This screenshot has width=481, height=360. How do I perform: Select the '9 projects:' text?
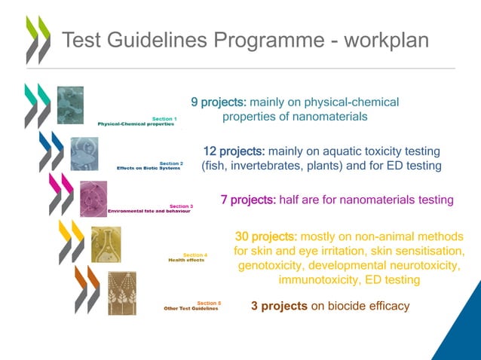pos(219,102)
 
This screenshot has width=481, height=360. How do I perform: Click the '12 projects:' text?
pos(234,151)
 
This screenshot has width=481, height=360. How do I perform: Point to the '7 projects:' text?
pos(248,200)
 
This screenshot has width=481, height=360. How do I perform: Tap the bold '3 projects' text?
pos(279,306)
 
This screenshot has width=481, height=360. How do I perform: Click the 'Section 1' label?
pos(164,118)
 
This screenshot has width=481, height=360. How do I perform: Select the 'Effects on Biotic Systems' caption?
pos(149,168)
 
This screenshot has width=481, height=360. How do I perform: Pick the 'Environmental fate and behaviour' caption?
pos(149,211)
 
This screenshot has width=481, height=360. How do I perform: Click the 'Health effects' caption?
pos(186,260)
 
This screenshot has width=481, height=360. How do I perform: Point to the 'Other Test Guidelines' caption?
pos(191,308)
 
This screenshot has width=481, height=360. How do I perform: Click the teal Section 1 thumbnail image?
pos(70,105)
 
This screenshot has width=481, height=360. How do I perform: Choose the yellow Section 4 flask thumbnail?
pos(106,245)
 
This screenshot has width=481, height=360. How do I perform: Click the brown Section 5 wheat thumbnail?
pos(121,292)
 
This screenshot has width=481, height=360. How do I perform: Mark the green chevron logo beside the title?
pos(38,39)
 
